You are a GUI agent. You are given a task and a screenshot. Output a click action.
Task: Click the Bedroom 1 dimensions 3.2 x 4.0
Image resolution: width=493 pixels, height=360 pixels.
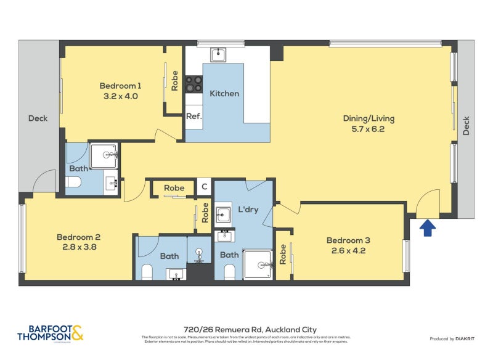(x=121, y=97)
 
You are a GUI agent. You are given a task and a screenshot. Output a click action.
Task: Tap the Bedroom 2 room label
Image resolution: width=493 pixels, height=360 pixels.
(x=78, y=237)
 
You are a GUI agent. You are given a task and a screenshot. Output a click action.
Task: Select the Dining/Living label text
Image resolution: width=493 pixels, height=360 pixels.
(x=369, y=119)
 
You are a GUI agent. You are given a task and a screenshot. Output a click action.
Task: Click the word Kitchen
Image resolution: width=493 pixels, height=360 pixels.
(x=224, y=94)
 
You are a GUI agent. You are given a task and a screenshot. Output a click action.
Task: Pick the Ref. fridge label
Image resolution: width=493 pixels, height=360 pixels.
(x=194, y=116)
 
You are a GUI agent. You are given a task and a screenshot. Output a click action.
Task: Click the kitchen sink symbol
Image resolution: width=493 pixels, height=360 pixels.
(x=218, y=55)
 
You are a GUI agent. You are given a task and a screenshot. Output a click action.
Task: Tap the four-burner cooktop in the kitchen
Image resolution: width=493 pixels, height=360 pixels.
(x=194, y=84)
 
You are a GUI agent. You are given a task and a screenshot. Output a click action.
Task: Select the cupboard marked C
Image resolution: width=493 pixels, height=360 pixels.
(x=205, y=187)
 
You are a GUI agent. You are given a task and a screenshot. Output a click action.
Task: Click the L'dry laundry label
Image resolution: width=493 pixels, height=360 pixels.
(x=247, y=210)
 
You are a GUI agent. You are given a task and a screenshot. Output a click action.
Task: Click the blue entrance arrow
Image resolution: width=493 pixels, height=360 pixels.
(x=428, y=229)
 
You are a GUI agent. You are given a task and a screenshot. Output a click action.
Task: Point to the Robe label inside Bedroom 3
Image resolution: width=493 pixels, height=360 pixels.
(x=283, y=255)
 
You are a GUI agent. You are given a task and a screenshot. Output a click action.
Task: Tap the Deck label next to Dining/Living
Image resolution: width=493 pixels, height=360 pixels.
(x=466, y=126)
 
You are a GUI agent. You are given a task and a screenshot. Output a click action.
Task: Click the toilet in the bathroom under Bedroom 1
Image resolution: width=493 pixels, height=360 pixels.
(x=73, y=182)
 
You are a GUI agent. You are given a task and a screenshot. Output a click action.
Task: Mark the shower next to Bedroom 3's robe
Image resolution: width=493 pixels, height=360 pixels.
(x=259, y=264)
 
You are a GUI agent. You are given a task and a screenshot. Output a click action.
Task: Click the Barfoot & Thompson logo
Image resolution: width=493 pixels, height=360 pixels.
(x=51, y=333)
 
